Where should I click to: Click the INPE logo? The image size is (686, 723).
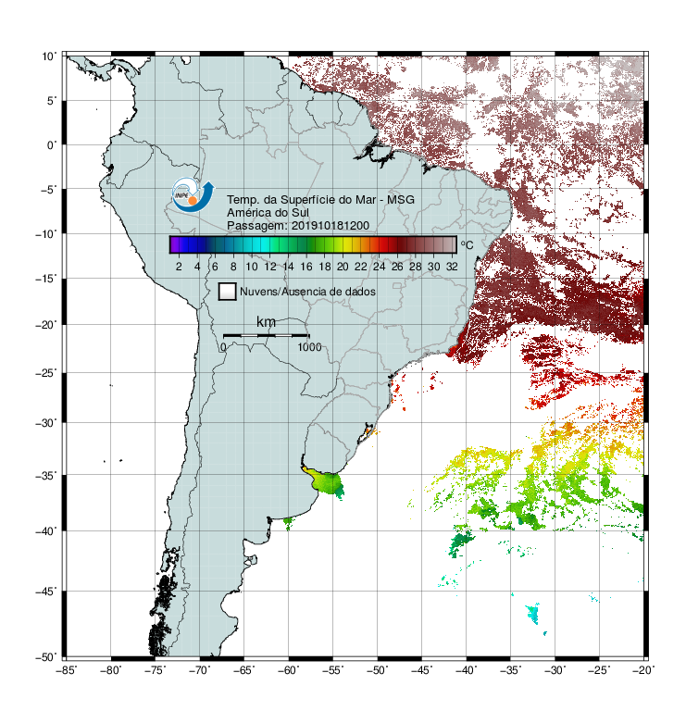pos(193,195)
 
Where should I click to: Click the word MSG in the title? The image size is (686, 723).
pos(401,200)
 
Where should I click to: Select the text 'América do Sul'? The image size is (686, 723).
pos(268,213)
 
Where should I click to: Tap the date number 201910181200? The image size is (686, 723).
pos(331,226)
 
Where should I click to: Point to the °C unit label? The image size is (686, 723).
pos(467,244)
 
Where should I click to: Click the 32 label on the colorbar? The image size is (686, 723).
pos(452,267)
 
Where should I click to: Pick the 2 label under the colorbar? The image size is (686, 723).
pos(179,267)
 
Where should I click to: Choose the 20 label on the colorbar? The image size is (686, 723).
pos(343,267)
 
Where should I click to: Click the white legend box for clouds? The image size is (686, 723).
pos(228,292)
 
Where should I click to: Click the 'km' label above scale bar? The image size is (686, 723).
pos(266,322)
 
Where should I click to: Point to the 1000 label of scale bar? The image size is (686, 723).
pos(309,347)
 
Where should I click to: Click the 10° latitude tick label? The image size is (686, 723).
pos(49,56)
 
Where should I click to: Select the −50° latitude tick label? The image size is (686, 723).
pos(46,657)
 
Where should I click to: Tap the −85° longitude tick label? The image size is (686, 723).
pos(66,670)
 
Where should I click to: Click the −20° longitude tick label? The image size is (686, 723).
pos(643,670)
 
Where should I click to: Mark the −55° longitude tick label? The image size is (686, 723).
pos(333,670)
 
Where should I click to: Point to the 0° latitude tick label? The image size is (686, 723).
pos(52,145)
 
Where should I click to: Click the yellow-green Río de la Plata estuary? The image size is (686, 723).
pos(325,482)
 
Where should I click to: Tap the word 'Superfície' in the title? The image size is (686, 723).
pos(307,200)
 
